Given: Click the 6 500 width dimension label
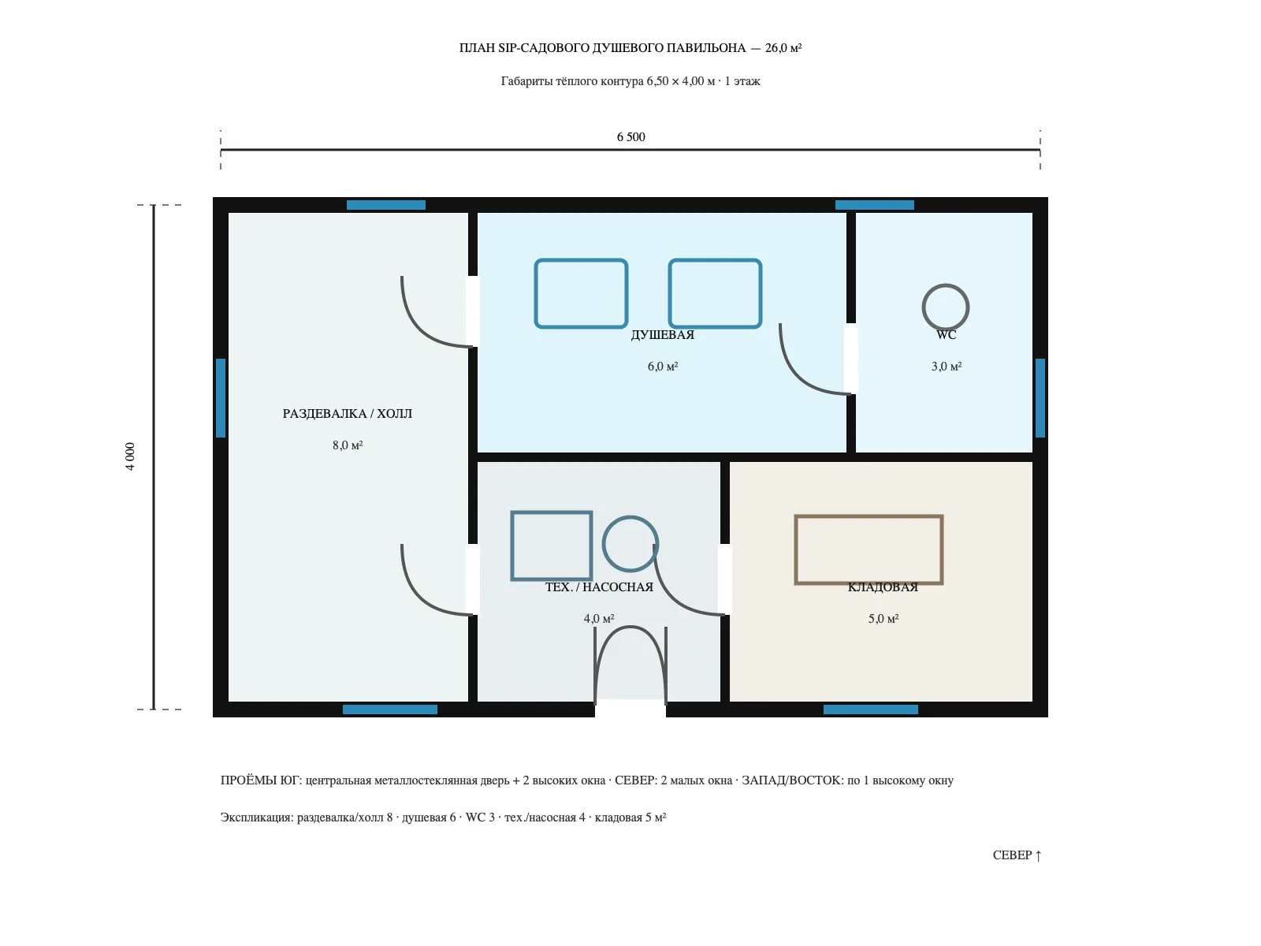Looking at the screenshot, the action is coord(630,136).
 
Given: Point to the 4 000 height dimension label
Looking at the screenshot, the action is coord(130,456).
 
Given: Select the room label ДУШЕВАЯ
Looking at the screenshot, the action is coord(662,335).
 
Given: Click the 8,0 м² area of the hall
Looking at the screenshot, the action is coord(348,445).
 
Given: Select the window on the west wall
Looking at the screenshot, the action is coord(221,398).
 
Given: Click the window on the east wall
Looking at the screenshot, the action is coord(1040,398).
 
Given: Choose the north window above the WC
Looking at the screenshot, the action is coord(874,205).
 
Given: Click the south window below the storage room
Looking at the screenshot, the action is coord(870,709).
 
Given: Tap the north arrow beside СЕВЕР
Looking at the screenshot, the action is coord(1038,856).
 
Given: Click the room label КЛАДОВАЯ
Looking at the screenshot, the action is coord(883,587).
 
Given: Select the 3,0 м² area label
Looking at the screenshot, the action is coord(947,367).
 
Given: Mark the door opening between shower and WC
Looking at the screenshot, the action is coord(851,359).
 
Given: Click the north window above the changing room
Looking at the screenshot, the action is coord(386,205).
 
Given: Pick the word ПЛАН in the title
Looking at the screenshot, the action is coord(477,48).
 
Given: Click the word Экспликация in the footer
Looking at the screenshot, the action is coord(257,818).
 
